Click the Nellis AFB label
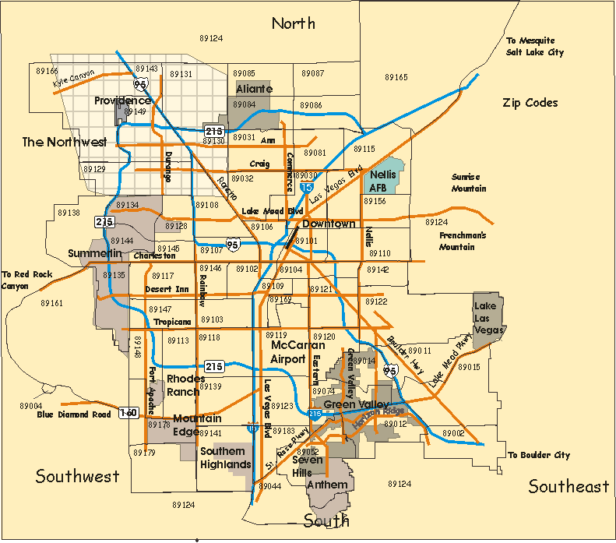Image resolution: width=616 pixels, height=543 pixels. (383, 181)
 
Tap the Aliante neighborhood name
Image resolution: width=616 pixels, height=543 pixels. (254, 89)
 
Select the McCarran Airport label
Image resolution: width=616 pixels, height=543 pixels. (288, 352)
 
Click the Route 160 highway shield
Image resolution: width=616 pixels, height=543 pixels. (128, 412)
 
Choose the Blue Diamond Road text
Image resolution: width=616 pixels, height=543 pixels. (74, 414)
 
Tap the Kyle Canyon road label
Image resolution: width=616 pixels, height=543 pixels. (73, 79)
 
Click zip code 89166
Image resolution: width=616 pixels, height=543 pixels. (47, 70)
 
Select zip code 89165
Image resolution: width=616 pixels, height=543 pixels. (396, 77)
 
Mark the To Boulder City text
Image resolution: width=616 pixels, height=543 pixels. (538, 455)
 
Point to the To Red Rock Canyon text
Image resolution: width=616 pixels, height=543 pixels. (25, 280)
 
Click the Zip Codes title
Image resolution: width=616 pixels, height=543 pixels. (530, 103)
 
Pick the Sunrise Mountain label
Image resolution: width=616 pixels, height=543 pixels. (469, 182)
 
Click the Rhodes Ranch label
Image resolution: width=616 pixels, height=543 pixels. (186, 385)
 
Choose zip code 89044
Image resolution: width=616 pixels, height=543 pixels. (269, 486)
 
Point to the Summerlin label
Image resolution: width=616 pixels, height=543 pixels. (94, 254)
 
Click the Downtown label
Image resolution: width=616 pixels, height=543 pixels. (329, 224)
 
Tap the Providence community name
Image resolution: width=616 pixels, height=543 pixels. (122, 101)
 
